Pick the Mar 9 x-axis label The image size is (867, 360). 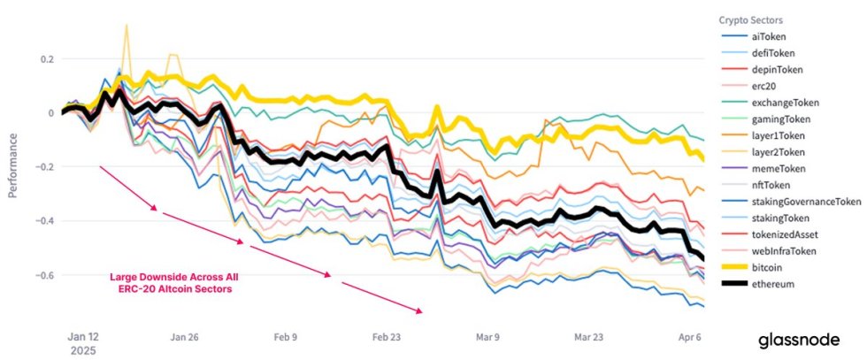(x=487, y=337)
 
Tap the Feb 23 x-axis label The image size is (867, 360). (x=387, y=337)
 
